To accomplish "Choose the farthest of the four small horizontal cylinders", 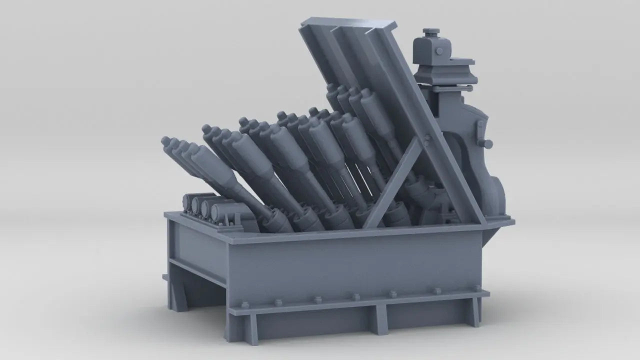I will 189,200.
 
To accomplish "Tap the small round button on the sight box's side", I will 439,51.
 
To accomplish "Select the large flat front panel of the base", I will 350,265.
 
